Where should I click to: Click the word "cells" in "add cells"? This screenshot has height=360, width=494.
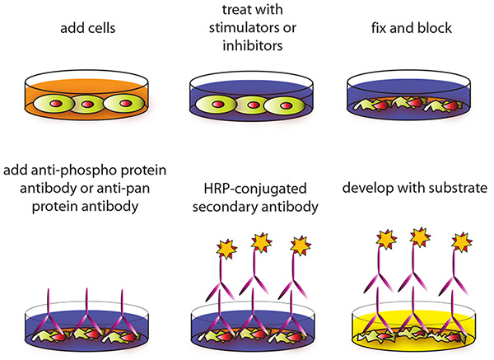pyautogui.click(x=100, y=28)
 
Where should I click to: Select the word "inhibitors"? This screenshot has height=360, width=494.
pyautogui.click(x=253, y=45)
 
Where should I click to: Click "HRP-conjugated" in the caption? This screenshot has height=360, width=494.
pyautogui.click(x=255, y=189)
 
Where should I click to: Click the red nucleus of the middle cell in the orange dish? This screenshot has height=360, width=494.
pyautogui.click(x=87, y=104)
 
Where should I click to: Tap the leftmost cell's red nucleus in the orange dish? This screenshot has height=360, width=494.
pyautogui.click(x=56, y=103)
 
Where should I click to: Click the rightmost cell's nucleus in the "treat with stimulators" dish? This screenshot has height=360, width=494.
pyautogui.click(x=285, y=105)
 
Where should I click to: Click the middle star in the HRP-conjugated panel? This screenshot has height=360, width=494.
pyautogui.click(x=261, y=242)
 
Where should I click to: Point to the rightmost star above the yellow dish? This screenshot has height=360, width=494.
pyautogui.click(x=462, y=242)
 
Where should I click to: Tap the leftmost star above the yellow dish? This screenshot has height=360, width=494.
pyautogui.click(x=386, y=239)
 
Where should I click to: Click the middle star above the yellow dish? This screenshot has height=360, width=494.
pyautogui.click(x=420, y=236)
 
